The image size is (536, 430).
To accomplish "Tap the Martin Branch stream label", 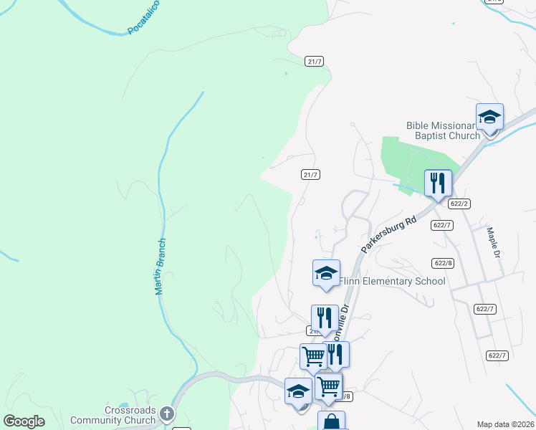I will pos(161,267).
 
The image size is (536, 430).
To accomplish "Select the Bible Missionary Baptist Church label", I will pos(443,130).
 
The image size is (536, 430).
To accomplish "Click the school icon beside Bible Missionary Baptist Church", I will pos(490,117).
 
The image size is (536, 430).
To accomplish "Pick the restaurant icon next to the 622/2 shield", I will pos(437,183).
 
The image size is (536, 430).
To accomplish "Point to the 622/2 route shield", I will pos(460,204).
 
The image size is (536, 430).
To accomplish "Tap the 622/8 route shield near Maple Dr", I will pos(444,263).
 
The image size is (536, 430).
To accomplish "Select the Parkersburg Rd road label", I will pos(388,231).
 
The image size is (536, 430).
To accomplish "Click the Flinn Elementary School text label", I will pos(392,281).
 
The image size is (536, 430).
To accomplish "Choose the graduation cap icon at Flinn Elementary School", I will pos(326,273).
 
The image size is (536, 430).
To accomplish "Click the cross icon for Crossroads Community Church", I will pos(166,414).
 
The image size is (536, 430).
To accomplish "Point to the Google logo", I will pos(24,421).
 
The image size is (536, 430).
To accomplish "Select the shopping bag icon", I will pos(331,421).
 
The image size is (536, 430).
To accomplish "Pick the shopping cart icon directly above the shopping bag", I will pos(329,386).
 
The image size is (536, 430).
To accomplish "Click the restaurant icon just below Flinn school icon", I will pos(325,317).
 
